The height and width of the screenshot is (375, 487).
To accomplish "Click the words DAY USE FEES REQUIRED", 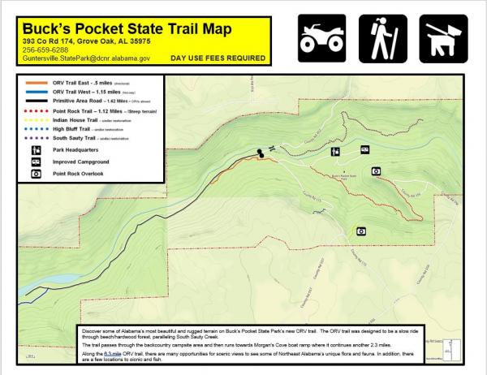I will click(x=218, y=58).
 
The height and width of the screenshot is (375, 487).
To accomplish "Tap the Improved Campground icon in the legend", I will click(x=36, y=162).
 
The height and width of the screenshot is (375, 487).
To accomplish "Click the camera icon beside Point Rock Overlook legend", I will click(x=36, y=174).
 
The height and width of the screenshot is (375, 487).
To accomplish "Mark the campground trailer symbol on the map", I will click(x=364, y=150).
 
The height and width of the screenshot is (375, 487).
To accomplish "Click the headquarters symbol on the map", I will click(x=335, y=151).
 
